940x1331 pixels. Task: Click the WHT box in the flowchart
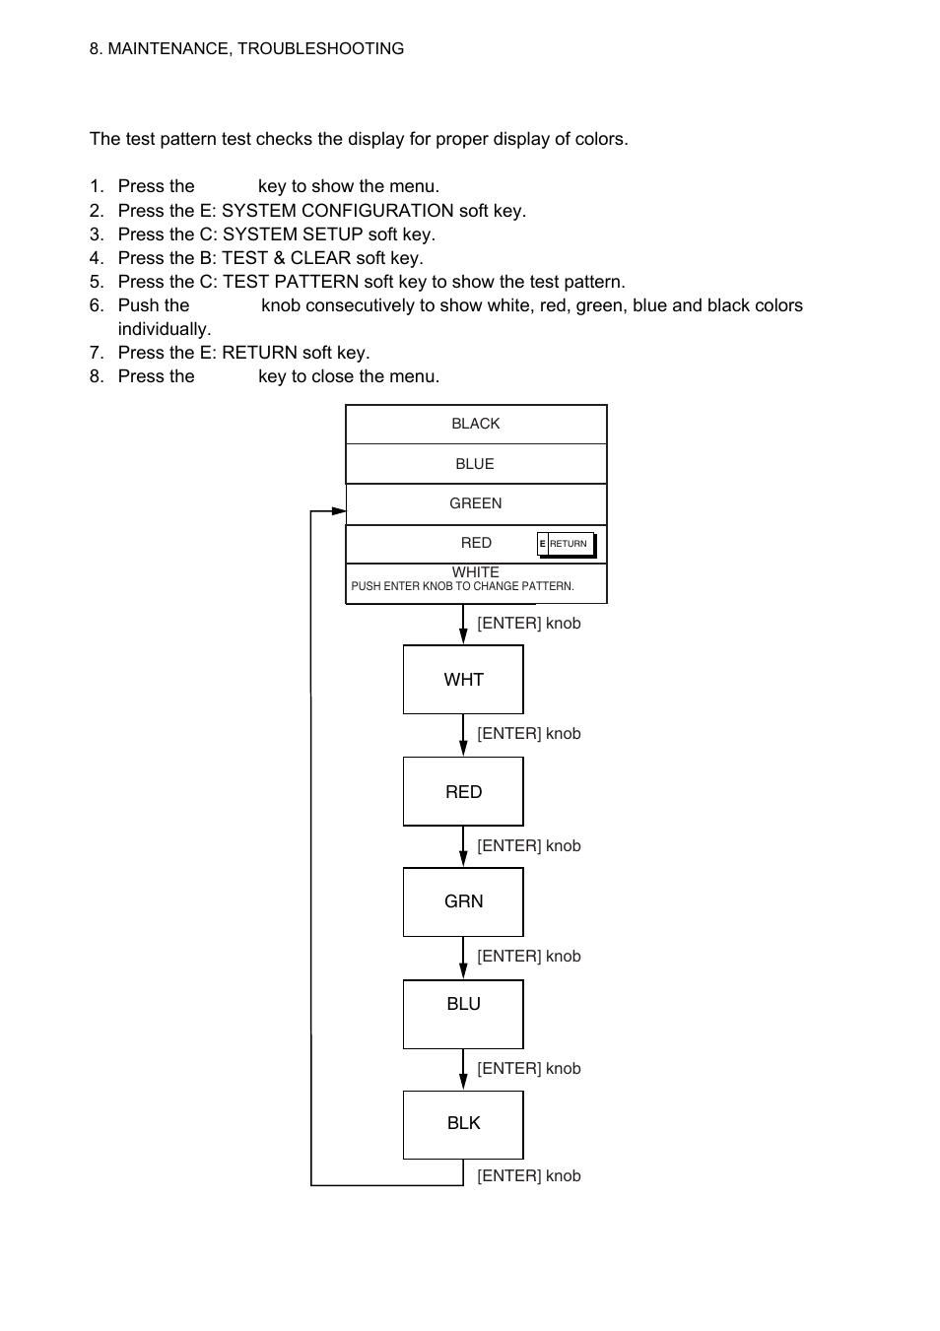click(x=463, y=679)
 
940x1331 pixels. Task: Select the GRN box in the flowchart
click(x=463, y=901)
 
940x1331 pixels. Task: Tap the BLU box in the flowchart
click(x=463, y=1015)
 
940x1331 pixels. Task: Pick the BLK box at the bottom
click(x=463, y=1125)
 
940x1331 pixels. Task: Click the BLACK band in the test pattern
click(x=476, y=425)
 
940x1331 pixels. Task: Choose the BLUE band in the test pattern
click(x=476, y=464)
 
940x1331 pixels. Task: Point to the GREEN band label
click(x=475, y=503)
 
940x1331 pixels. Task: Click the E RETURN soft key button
click(x=567, y=544)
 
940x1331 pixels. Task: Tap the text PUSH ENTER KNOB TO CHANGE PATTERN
click(x=462, y=586)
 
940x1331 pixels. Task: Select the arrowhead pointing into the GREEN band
click(x=339, y=511)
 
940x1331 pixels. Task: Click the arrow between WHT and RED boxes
click(x=463, y=735)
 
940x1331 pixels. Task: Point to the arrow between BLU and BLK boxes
click(x=463, y=1070)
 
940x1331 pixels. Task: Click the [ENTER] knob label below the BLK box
click(x=529, y=1176)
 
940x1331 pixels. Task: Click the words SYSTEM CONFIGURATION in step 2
click(x=338, y=211)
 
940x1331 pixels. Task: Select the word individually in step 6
click(x=165, y=329)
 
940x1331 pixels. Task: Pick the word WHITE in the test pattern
click(x=475, y=571)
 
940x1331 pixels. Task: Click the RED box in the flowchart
click(x=463, y=791)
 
